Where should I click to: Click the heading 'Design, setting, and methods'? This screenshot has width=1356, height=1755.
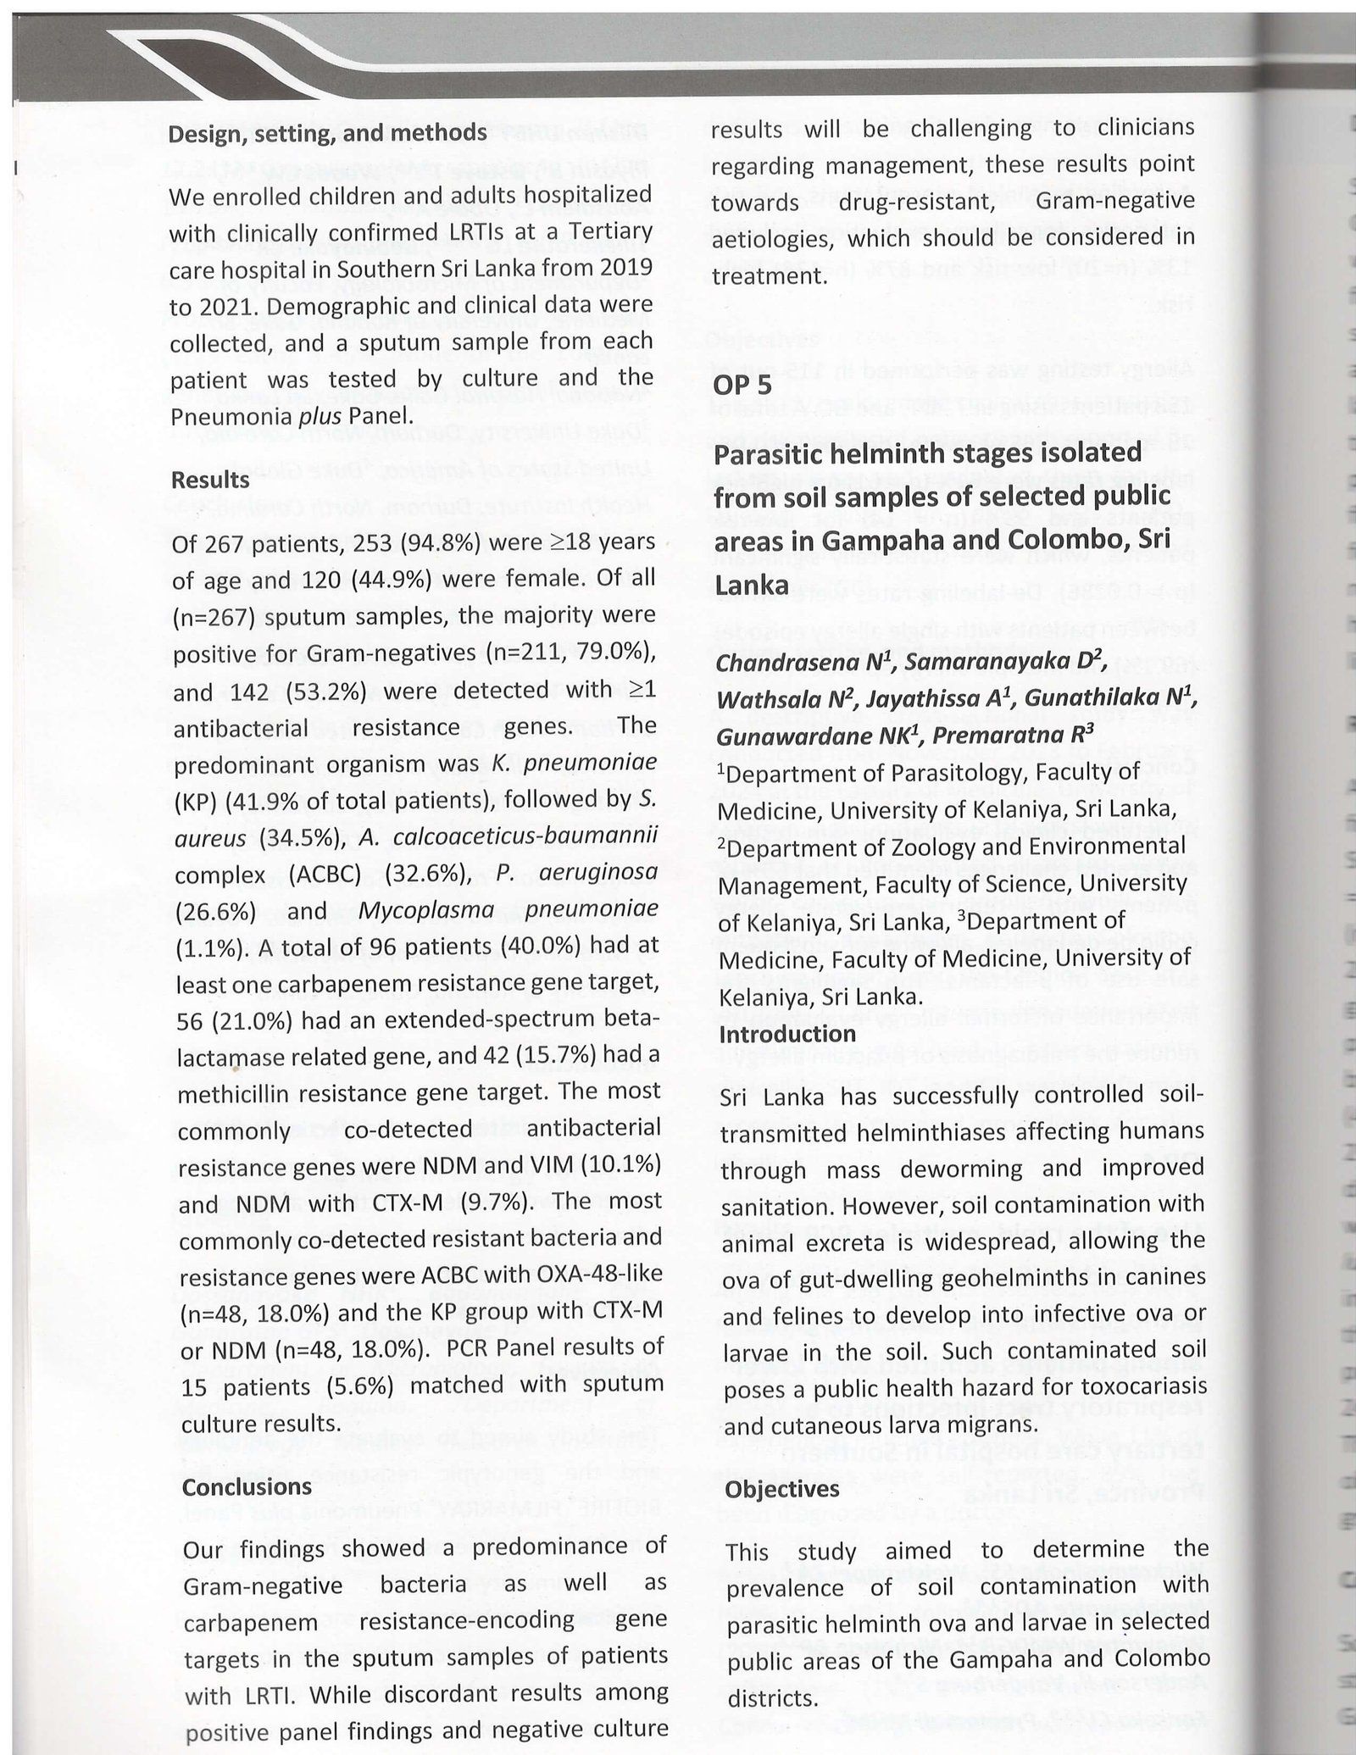(328, 134)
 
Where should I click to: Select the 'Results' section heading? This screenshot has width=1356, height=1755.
(210, 480)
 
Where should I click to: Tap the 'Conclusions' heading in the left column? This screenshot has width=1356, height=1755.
(247, 1486)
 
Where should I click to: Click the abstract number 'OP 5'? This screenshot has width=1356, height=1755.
(742, 386)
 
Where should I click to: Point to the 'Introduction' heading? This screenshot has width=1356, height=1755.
(787, 1034)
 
